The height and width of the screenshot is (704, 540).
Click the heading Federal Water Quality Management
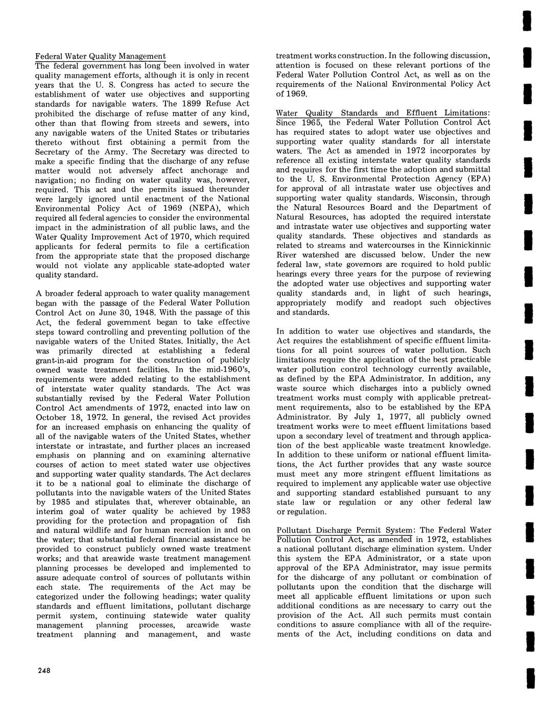point(100,56)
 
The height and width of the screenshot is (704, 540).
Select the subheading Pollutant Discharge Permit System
point(344,530)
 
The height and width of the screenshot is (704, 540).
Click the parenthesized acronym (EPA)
point(477,179)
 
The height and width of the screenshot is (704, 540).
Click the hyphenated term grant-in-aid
point(60,360)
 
